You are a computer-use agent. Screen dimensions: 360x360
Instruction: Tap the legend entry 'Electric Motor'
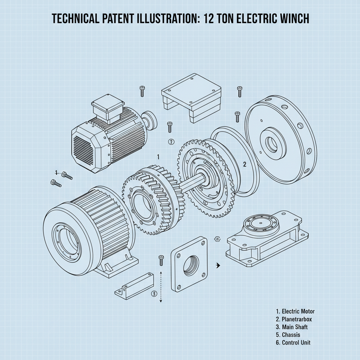295,311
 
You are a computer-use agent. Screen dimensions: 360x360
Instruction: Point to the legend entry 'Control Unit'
293,342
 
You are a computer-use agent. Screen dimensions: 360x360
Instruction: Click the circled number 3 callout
153,294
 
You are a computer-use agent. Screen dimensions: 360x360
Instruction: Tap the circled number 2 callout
172,142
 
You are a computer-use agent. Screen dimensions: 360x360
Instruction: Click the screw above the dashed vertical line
161,260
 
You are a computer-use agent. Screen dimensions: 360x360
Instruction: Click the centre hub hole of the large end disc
271,143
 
